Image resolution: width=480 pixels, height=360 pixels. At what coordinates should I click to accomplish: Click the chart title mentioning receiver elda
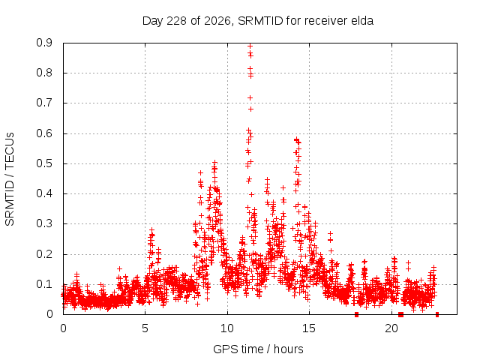[x=258, y=21]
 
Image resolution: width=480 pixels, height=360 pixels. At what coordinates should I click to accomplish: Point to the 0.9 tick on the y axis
[x=44, y=43]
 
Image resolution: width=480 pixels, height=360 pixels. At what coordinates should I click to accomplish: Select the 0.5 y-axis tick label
[x=44, y=163]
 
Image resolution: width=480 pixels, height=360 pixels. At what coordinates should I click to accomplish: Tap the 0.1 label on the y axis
[x=44, y=284]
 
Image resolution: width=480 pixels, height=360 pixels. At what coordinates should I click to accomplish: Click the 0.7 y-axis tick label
[x=44, y=103]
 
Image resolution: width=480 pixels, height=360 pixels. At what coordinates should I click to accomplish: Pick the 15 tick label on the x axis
[x=309, y=328]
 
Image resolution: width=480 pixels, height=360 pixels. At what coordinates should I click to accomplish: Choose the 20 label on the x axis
[x=391, y=328]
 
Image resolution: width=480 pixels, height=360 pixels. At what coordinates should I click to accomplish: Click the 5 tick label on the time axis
[x=145, y=328]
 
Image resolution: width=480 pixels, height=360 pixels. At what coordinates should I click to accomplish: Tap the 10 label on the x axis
[x=227, y=328]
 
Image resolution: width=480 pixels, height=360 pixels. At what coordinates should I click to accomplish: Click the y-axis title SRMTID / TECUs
[x=10, y=179]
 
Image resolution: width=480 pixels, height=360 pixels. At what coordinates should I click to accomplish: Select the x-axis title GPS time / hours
[x=258, y=349]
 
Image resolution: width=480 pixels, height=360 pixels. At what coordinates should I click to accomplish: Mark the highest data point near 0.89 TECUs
[x=250, y=46]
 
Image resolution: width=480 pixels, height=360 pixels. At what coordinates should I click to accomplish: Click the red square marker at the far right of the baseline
[x=437, y=314]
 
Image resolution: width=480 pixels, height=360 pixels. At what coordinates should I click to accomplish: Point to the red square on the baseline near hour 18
[x=357, y=314]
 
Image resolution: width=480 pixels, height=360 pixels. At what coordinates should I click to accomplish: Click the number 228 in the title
[x=176, y=21]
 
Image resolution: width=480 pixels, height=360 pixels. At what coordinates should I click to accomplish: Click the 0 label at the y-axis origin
[x=49, y=314]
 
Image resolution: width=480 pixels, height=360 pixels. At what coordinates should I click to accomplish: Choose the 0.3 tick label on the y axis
[x=44, y=223]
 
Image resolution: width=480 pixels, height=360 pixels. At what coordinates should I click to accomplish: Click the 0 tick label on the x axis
[x=63, y=328]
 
